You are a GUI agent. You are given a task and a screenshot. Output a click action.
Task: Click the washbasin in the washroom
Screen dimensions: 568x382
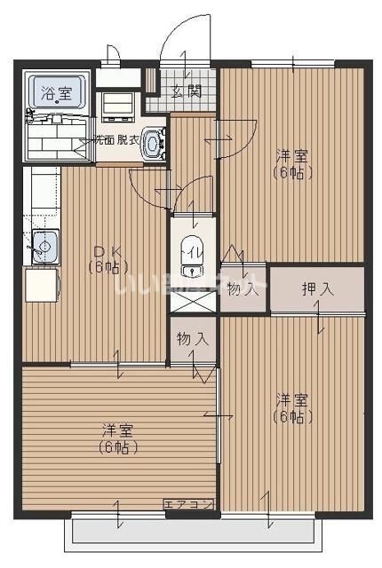pyautogui.click(x=153, y=142)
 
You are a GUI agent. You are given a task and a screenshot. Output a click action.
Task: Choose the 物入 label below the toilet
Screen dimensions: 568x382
pyautogui.click(x=192, y=338)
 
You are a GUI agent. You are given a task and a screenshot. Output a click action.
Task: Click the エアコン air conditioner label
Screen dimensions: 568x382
pyautogui.click(x=188, y=505)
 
